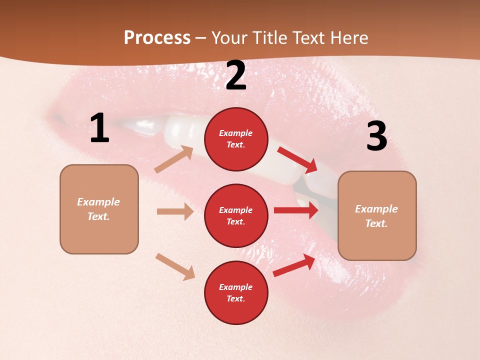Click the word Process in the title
coord(157,38)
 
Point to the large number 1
coord(99,128)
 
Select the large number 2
coord(236,75)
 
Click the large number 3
coord(376,136)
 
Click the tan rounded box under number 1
coord(99,209)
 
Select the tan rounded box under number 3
coord(377,215)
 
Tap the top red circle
coord(236,139)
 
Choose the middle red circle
coord(236,215)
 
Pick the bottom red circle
coord(236,292)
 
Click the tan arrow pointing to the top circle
coord(173,159)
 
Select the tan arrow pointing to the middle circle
coord(175,211)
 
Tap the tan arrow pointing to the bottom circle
coord(175,266)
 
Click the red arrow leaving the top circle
coord(297,159)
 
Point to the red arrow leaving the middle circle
coord(296,210)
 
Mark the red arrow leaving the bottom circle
coord(294,265)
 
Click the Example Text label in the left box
coord(98,209)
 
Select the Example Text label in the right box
coord(376,215)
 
